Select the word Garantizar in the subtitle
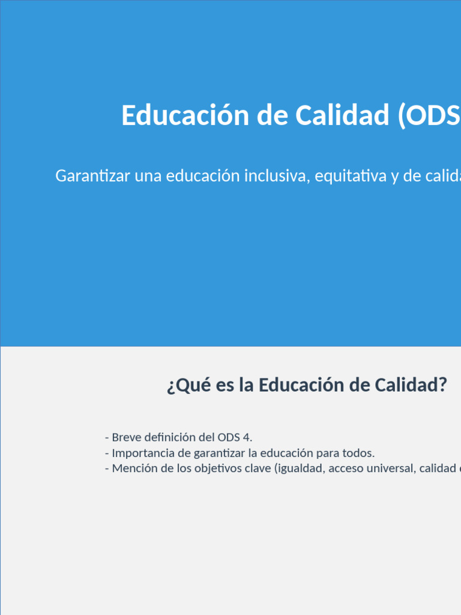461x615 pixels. coord(92,176)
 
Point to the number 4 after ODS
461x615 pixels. coord(249,437)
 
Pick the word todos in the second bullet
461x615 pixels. coord(358,453)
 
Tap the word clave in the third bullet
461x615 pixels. coord(258,468)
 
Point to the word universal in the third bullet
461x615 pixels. coord(388,468)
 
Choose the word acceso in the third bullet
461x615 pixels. coord(343,468)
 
